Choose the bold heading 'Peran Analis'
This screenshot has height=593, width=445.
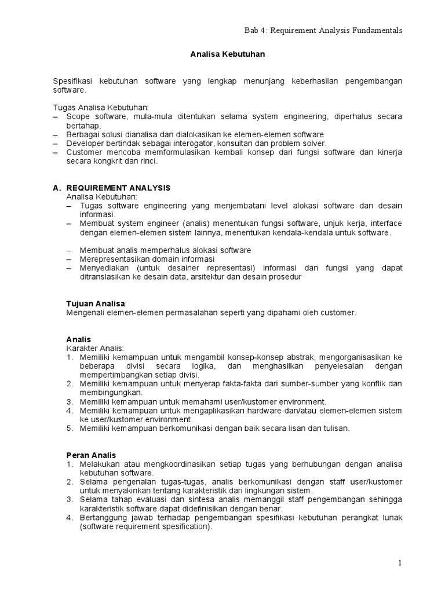click(91, 456)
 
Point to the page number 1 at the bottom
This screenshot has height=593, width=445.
click(399, 562)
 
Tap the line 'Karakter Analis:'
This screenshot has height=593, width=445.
click(94, 347)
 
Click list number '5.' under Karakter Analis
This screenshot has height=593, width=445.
click(70, 429)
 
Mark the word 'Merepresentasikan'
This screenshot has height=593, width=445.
click(112, 259)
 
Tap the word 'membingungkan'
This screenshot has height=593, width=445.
click(107, 392)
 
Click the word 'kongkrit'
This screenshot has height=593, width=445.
click(114, 162)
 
